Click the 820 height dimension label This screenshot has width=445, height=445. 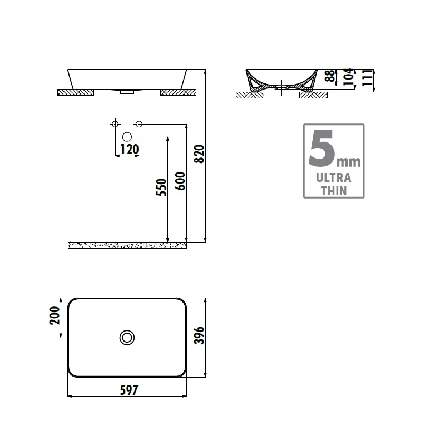199,154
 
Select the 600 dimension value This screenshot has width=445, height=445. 180,181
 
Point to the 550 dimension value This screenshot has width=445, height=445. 161,187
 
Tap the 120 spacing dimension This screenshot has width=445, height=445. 130,149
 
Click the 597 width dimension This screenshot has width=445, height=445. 129,390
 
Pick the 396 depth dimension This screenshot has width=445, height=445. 199,335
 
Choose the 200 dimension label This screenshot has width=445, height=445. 55,315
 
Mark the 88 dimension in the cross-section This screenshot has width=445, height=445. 330,76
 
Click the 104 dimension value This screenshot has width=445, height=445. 349,77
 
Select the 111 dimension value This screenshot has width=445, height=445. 368,77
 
